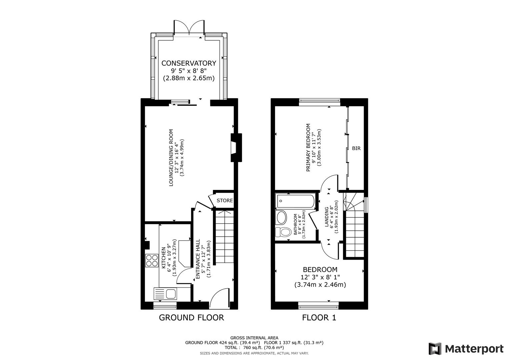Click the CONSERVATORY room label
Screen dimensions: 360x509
tap(189, 63)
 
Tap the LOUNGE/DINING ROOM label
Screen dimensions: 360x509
tap(171, 157)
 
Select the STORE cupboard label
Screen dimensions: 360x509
tap(225, 201)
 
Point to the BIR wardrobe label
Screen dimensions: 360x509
tap(356, 148)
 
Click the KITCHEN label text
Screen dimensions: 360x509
tap(164, 258)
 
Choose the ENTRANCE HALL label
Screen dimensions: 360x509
tap(198, 259)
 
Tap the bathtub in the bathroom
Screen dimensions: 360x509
tap(295, 201)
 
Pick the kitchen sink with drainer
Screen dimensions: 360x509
tap(166, 294)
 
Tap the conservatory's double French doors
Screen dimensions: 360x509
tap(189, 27)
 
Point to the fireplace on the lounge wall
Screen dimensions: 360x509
tap(236, 148)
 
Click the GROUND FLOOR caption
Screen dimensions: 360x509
tap(191, 318)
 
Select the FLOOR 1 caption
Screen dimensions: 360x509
tap(319, 318)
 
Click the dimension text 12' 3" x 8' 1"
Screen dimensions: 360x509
tap(320, 277)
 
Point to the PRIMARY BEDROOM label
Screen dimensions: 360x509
tap(308, 147)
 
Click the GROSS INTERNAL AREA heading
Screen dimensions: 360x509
tap(254, 338)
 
